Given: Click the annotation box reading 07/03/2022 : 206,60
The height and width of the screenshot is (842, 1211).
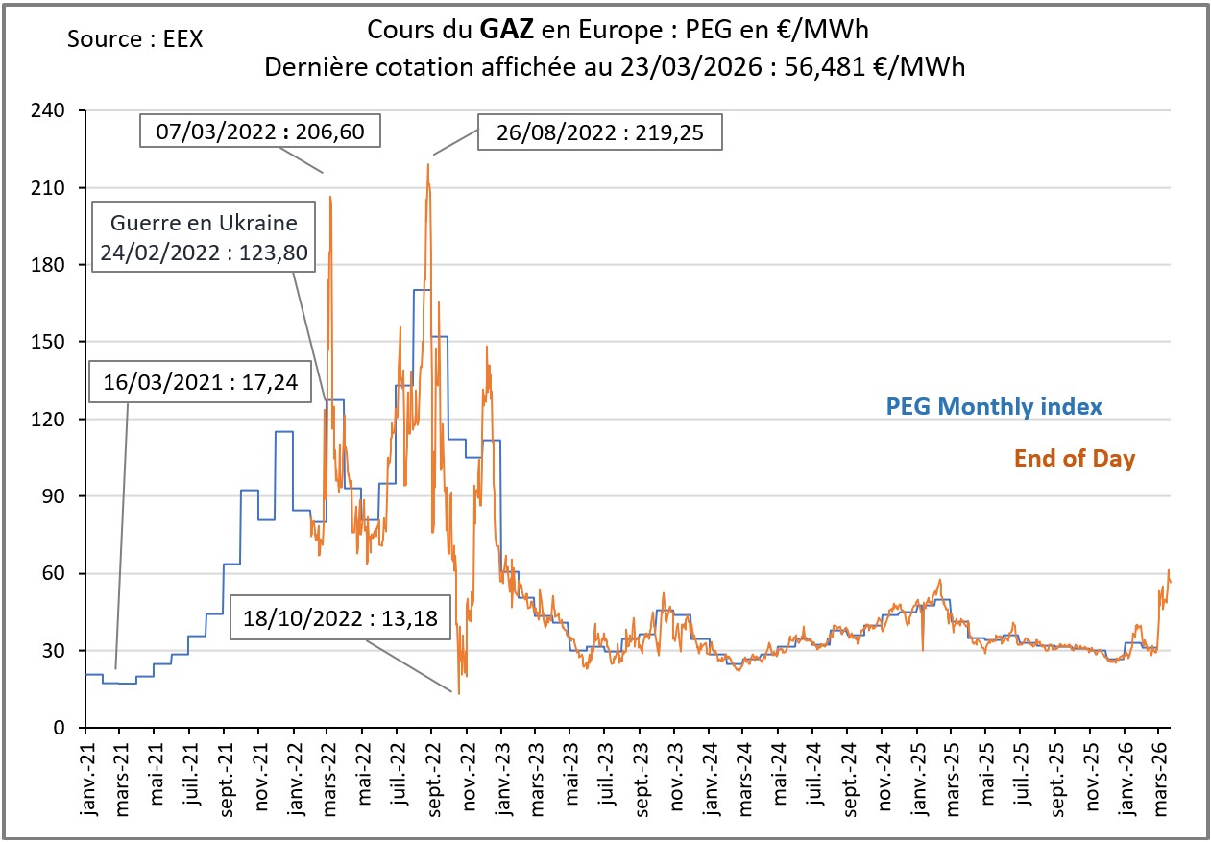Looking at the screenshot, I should point(260,131).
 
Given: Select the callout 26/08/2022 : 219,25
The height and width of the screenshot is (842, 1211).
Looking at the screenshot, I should point(600,133).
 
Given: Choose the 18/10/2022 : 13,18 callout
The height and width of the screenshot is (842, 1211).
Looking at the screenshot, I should point(341,619).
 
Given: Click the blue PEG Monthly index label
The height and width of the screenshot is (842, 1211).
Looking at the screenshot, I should point(993,407).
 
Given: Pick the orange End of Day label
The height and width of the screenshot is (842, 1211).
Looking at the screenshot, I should point(1074,459).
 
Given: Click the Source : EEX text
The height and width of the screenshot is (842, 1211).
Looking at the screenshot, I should point(135,39).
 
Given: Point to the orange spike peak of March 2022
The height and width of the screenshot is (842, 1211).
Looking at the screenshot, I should point(331,197).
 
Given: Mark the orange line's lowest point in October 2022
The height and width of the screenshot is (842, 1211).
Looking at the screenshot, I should point(458,693).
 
